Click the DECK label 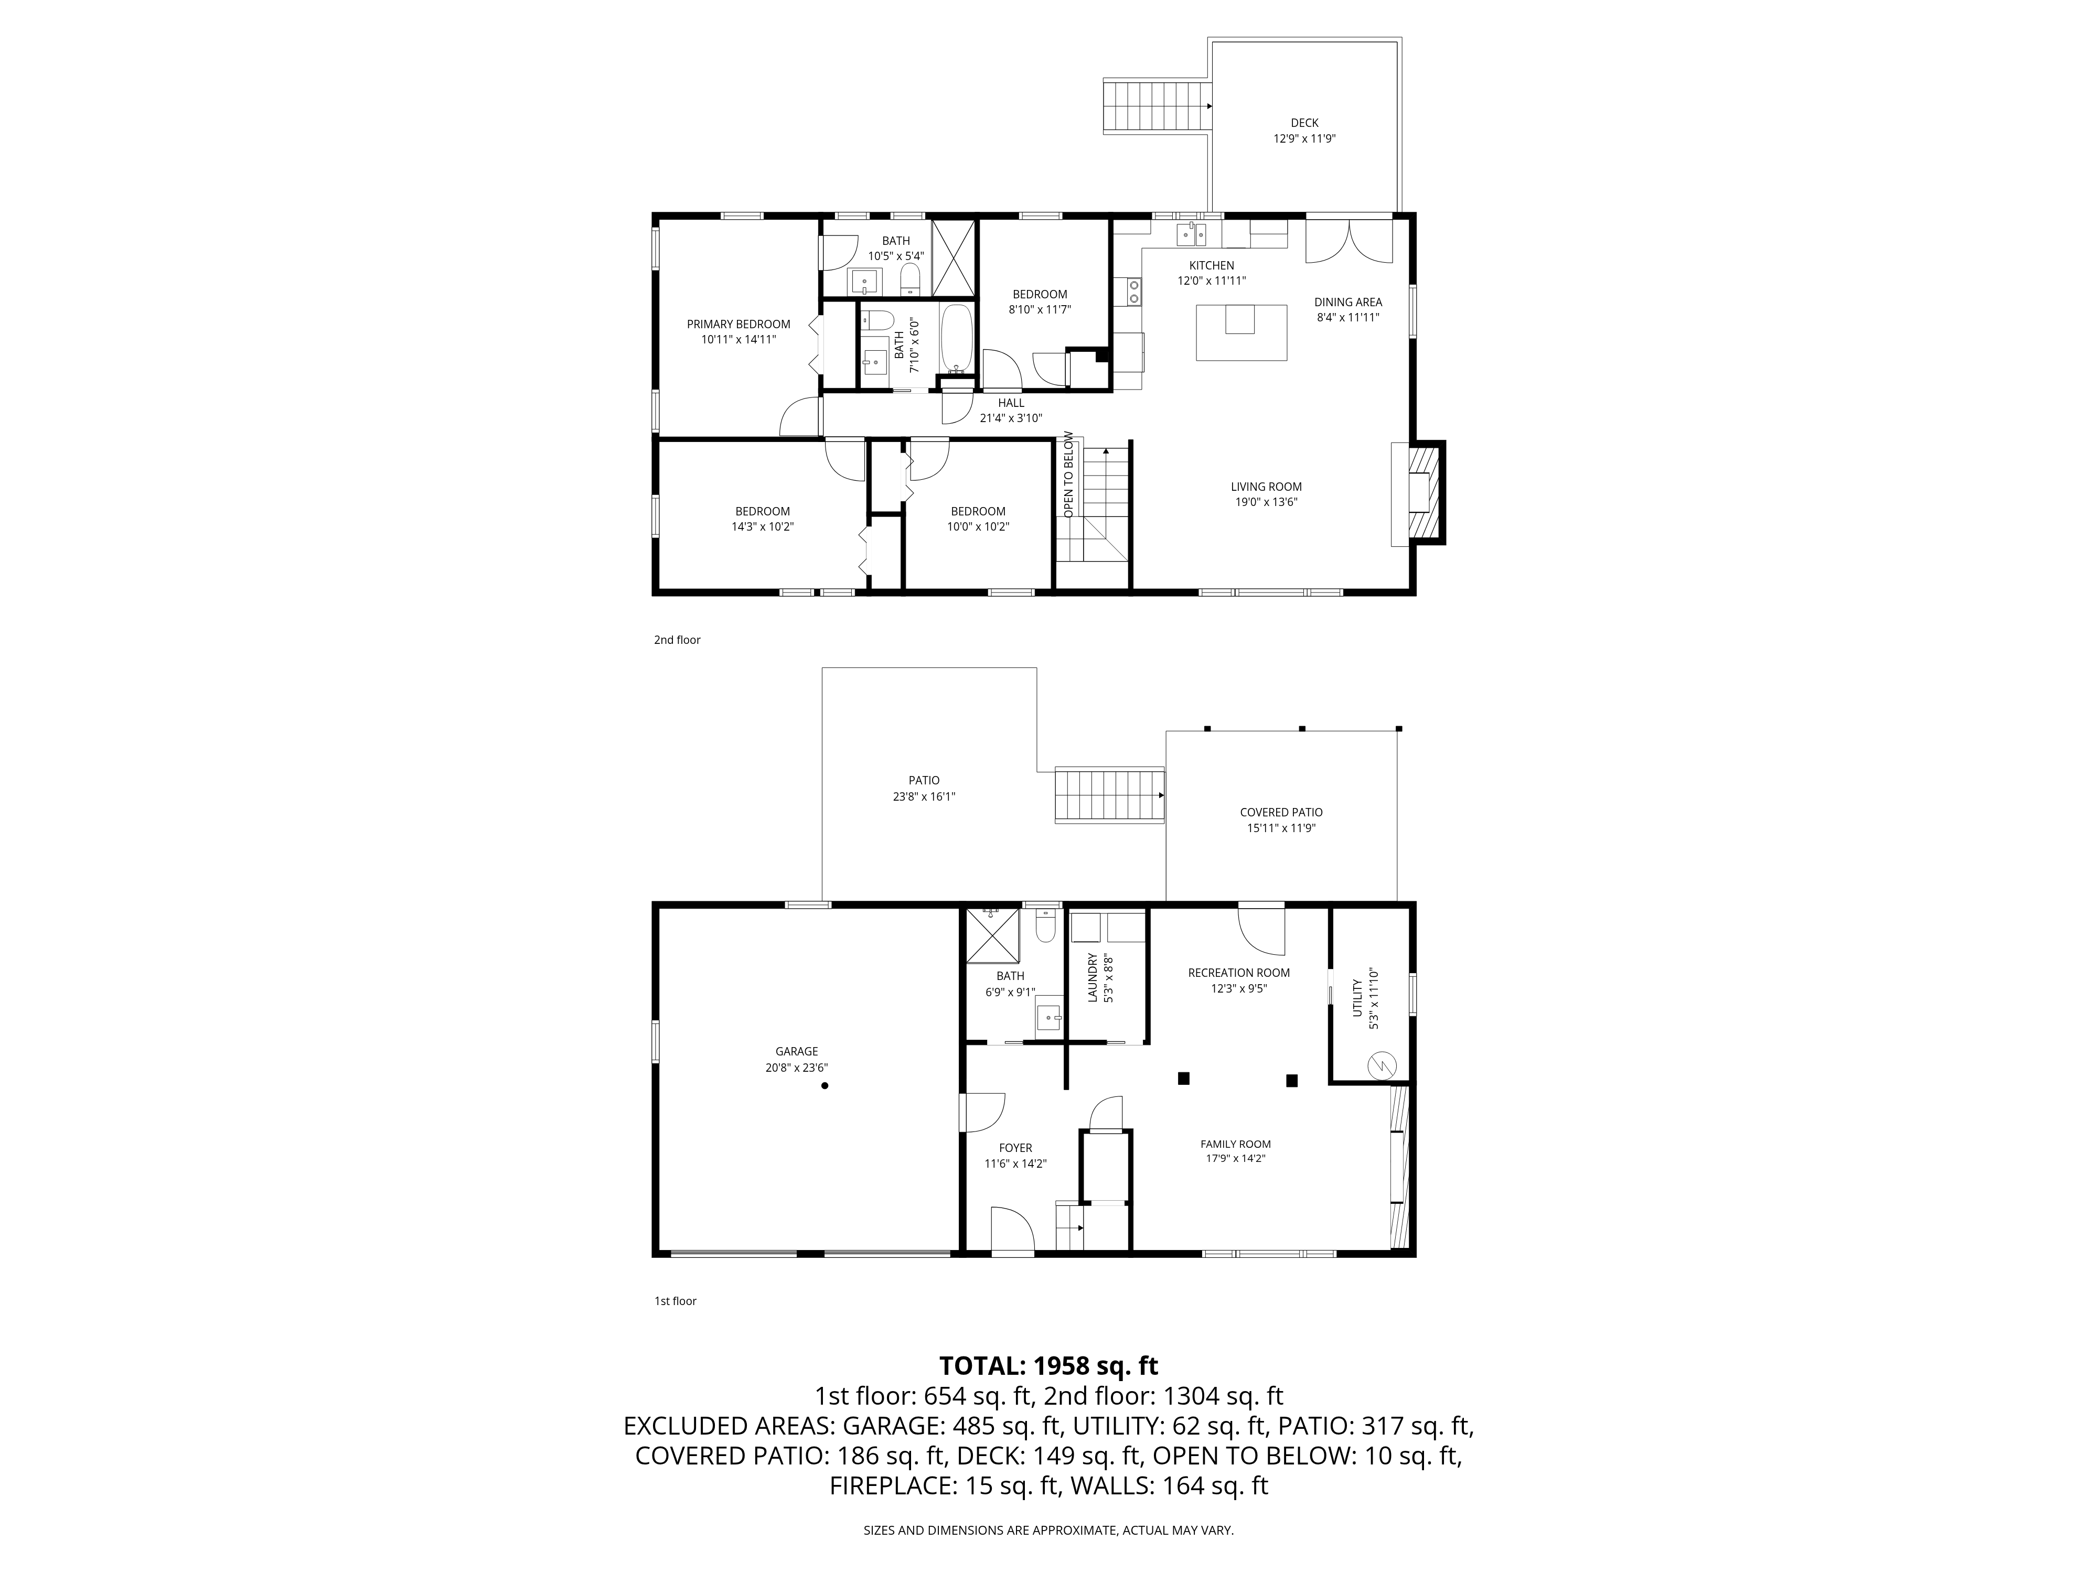coord(1304,122)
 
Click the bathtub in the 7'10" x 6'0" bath coord(957,339)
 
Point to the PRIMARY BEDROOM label coord(738,324)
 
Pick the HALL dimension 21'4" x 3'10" coord(1011,418)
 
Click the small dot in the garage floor coord(825,1086)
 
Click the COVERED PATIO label coord(1280,812)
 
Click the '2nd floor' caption coord(676,640)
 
